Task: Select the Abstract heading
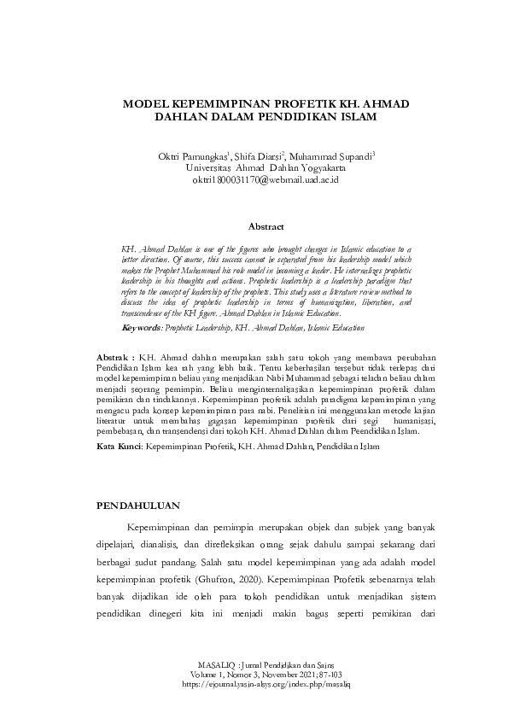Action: tap(266, 226)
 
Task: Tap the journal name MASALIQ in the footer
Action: tap(216, 663)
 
